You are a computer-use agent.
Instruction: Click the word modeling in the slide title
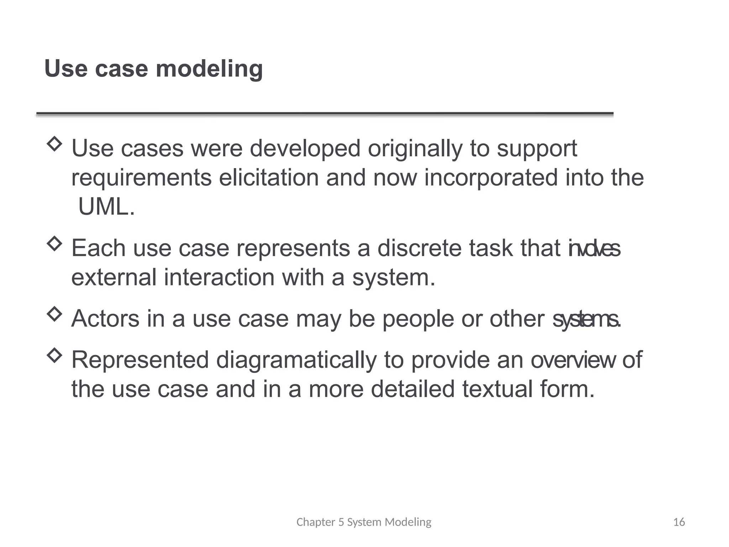click(x=209, y=69)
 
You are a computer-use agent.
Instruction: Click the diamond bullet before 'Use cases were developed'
click(x=54, y=144)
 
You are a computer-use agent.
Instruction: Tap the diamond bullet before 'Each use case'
click(x=54, y=244)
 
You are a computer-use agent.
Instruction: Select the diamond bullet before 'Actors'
click(x=54, y=314)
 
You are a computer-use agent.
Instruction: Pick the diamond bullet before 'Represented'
click(x=54, y=355)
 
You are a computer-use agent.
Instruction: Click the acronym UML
click(x=106, y=207)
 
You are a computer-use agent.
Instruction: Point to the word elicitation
click(x=269, y=178)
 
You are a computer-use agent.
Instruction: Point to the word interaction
click(x=219, y=277)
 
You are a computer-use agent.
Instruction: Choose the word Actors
click(x=105, y=319)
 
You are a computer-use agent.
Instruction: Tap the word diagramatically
click(x=296, y=360)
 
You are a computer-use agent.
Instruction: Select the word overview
click(x=573, y=360)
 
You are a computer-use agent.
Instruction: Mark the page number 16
click(x=679, y=522)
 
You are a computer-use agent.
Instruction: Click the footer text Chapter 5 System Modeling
click(x=364, y=522)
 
